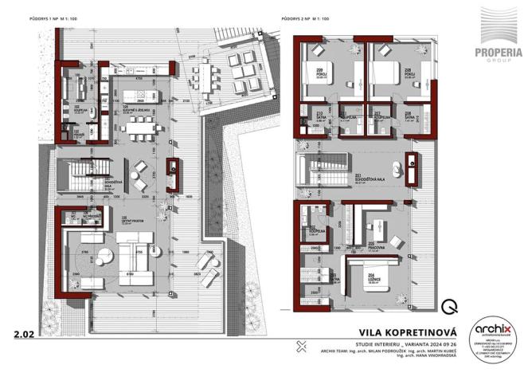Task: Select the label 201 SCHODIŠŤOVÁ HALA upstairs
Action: [x=368, y=179]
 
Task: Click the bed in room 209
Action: [x=328, y=73]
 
